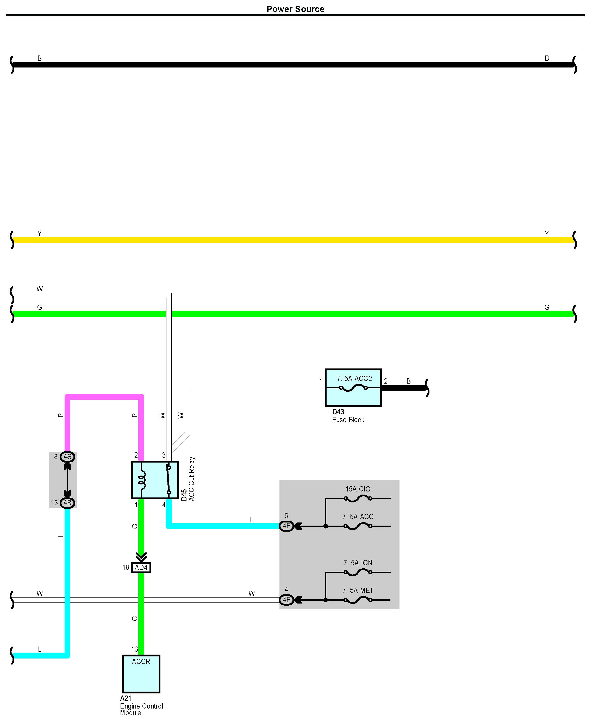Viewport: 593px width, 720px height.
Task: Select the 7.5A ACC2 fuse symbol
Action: (x=353, y=388)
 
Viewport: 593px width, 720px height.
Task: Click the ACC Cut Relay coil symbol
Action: (x=141, y=480)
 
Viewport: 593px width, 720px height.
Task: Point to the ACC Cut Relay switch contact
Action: (x=168, y=480)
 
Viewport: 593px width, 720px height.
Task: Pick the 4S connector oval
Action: (x=67, y=457)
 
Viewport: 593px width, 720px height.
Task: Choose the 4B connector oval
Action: (x=67, y=503)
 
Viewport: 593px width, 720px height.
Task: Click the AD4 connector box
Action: (x=141, y=568)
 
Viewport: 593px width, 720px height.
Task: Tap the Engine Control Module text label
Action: (x=141, y=709)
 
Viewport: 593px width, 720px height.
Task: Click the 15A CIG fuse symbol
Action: (x=358, y=499)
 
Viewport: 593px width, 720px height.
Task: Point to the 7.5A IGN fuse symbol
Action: (x=358, y=572)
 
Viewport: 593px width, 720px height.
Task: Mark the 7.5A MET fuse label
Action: (x=358, y=590)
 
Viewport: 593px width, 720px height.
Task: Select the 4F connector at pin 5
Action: (x=286, y=526)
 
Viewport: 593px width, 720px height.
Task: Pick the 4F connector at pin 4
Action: (x=286, y=600)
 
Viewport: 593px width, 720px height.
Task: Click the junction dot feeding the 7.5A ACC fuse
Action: (x=326, y=526)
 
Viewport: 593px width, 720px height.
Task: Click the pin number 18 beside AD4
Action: (x=126, y=568)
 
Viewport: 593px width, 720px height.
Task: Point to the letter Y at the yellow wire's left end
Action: (x=40, y=233)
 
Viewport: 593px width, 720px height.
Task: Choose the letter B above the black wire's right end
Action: (x=547, y=58)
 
